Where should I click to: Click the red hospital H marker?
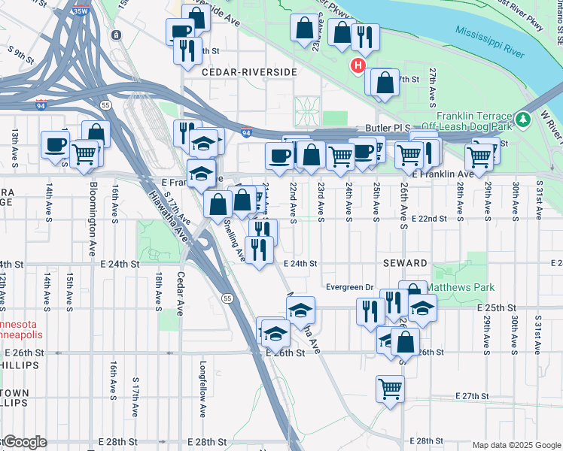(358, 66)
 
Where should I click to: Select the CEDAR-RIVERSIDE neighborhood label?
(249, 71)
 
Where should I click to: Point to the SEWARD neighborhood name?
(405, 264)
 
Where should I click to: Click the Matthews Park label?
(461, 287)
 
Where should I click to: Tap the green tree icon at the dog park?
(522, 119)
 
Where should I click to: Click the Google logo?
(24, 442)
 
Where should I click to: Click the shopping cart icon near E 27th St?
(390, 389)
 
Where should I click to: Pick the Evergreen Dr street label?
(349, 287)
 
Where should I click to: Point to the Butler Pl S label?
(391, 129)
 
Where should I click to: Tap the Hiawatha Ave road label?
(168, 213)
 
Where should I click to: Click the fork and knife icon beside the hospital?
(365, 37)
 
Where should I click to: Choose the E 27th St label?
(473, 396)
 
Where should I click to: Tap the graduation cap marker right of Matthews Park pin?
(422, 307)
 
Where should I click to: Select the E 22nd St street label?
(430, 218)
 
